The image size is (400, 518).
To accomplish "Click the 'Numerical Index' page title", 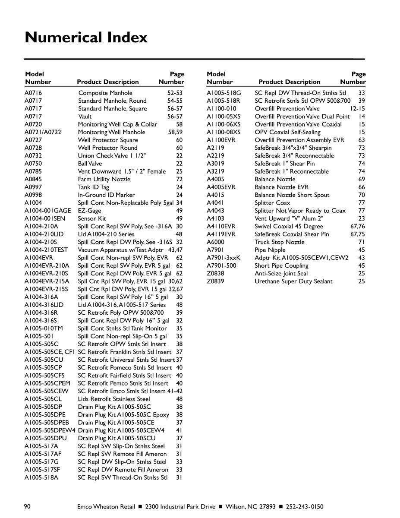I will pyautogui.click(x=86, y=38).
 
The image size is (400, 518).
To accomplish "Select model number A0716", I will pyautogui.click(x=33, y=93).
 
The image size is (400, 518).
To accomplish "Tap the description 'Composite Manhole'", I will pyautogui.click(x=105, y=93).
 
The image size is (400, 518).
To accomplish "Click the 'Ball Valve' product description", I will pyautogui.click(x=90, y=164).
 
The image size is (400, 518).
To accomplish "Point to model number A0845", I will pyautogui.click(x=33, y=179).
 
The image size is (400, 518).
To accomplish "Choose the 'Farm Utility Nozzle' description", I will pyautogui.click(x=104, y=179).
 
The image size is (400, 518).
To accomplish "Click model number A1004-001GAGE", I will pyautogui.click(x=47, y=211).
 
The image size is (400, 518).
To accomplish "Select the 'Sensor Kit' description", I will pyautogui.click(x=92, y=218).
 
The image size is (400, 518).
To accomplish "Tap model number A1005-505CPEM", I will pyautogui.click(x=47, y=383).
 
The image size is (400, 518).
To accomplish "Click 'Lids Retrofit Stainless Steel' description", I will pyautogui.click(x=114, y=399).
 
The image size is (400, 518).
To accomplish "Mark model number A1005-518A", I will pyautogui.click(x=41, y=477).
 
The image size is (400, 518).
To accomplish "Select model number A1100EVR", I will pyautogui.click(x=221, y=140).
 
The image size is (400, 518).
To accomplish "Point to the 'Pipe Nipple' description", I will pyautogui.click(x=270, y=250).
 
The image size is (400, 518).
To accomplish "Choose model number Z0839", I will pyautogui.click(x=215, y=281).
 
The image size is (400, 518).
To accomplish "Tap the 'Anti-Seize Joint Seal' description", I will pyautogui.click(x=281, y=274).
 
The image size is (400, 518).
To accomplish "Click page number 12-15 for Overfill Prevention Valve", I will pyautogui.click(x=357, y=109).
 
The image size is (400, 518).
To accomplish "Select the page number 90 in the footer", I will pyautogui.click(x=27, y=506).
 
